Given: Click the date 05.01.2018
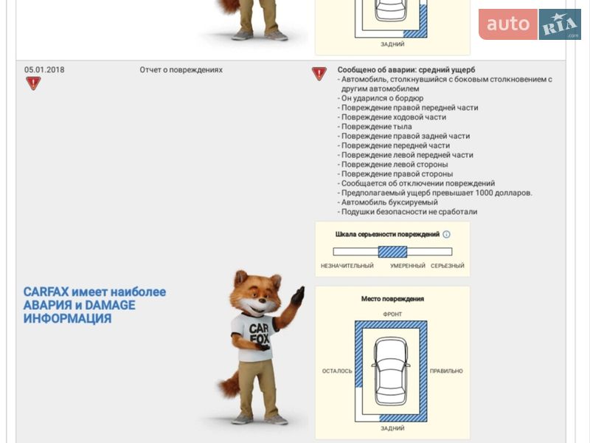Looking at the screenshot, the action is (44, 69).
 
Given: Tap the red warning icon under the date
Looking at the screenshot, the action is (33, 83).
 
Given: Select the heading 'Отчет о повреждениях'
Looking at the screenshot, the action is (181, 69).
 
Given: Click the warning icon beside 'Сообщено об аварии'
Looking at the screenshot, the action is (319, 73).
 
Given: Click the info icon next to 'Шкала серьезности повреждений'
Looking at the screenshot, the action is (446, 234).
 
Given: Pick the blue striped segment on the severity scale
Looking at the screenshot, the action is (392, 252).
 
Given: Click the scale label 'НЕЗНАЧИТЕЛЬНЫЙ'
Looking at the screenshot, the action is (347, 266).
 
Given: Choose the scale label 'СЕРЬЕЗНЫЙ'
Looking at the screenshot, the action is (448, 266).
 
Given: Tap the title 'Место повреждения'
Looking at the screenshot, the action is (392, 299).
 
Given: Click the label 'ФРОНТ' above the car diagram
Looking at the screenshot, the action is (392, 315).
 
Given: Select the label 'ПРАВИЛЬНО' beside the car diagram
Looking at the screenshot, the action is (446, 371).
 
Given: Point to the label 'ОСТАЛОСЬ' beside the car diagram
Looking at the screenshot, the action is (337, 371).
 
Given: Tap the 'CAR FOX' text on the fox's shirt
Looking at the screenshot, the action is (259, 334).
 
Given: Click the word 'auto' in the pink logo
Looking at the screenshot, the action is (508, 24).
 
